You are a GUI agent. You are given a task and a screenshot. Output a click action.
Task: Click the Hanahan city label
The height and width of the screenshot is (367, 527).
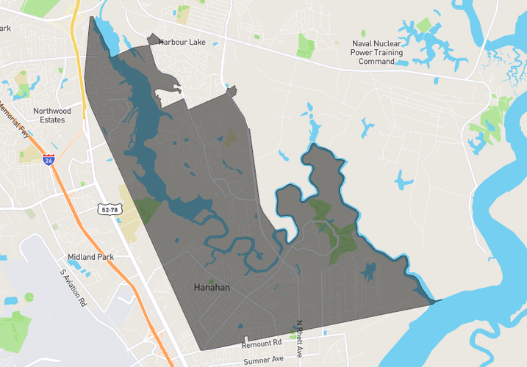[212, 288]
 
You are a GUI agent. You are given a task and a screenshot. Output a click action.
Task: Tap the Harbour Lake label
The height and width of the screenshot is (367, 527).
[182, 43]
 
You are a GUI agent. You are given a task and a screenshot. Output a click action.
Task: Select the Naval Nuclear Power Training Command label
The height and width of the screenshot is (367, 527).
[376, 52]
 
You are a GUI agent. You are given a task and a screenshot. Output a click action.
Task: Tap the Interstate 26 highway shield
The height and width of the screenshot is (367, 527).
[49, 159]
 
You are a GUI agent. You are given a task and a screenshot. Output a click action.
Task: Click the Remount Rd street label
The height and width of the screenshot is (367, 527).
[262, 343]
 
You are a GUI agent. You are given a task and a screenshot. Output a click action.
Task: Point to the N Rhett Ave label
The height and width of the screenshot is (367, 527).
[299, 338]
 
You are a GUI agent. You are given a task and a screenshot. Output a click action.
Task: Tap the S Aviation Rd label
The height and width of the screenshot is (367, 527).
[74, 287]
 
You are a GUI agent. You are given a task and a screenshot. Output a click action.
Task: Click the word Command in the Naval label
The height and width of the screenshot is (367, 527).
[376, 62]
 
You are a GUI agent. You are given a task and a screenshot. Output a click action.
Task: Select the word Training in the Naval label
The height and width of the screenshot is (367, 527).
[387, 52]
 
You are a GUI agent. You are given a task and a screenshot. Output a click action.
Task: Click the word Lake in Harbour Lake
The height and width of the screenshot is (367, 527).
[197, 43]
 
